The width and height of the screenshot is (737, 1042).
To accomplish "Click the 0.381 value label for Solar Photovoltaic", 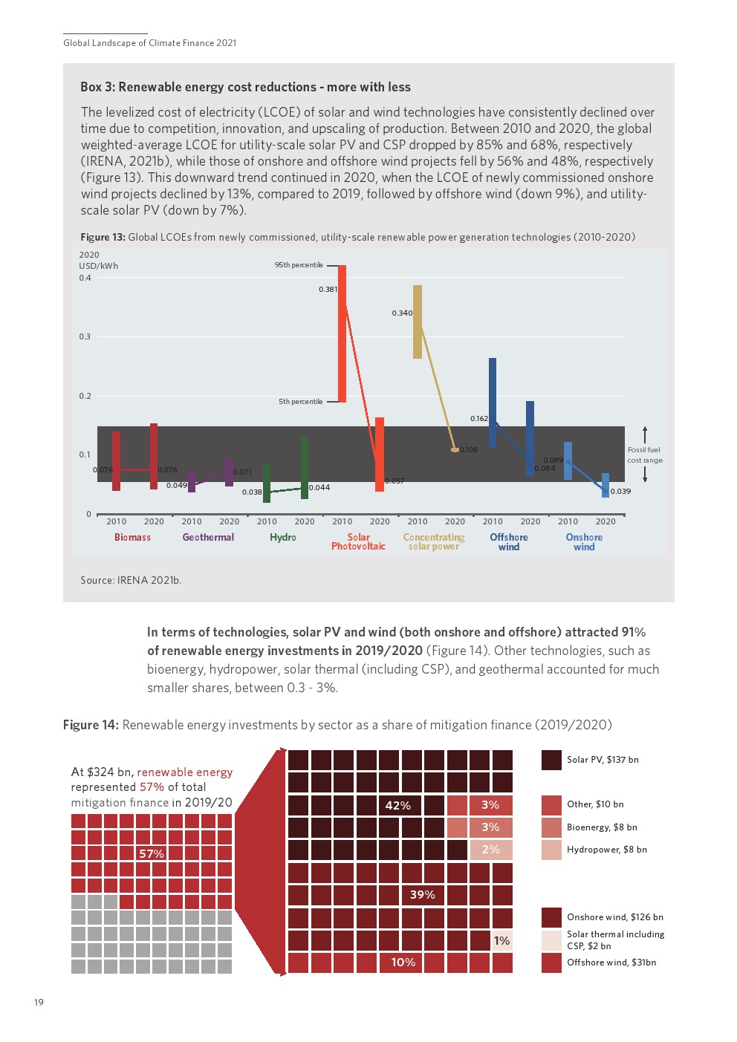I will (328, 290).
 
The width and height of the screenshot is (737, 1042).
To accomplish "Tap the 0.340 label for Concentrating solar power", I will (402, 313).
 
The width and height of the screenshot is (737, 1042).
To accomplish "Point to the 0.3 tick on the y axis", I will (85, 336).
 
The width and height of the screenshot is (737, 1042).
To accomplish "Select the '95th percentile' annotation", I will (299, 265).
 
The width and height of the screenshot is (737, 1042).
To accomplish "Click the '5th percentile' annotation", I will (301, 402).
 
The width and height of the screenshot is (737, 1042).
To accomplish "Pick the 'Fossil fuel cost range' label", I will (644, 455).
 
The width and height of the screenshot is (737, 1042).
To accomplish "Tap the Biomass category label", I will (132, 538).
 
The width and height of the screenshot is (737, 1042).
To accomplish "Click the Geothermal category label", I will (208, 538).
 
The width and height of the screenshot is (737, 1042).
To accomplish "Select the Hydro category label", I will (283, 538).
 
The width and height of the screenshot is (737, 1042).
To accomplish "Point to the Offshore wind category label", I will (509, 542).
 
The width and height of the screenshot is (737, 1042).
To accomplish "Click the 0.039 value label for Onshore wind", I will (621, 492).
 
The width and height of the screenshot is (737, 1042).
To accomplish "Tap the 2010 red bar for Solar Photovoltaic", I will (342, 334).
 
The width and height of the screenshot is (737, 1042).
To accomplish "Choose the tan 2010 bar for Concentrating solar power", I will (418, 322).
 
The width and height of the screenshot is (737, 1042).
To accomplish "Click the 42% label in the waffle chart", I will (398, 806).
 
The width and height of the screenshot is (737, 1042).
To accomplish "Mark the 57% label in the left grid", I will (152, 854).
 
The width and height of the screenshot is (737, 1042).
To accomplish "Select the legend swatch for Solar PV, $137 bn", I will (551, 760).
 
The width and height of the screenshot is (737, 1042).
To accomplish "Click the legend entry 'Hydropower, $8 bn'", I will (606, 850).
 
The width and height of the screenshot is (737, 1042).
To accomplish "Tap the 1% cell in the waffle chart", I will (502, 941).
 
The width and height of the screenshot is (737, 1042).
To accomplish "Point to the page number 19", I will (39, 1003).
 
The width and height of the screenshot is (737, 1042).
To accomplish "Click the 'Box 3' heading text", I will (245, 87).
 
